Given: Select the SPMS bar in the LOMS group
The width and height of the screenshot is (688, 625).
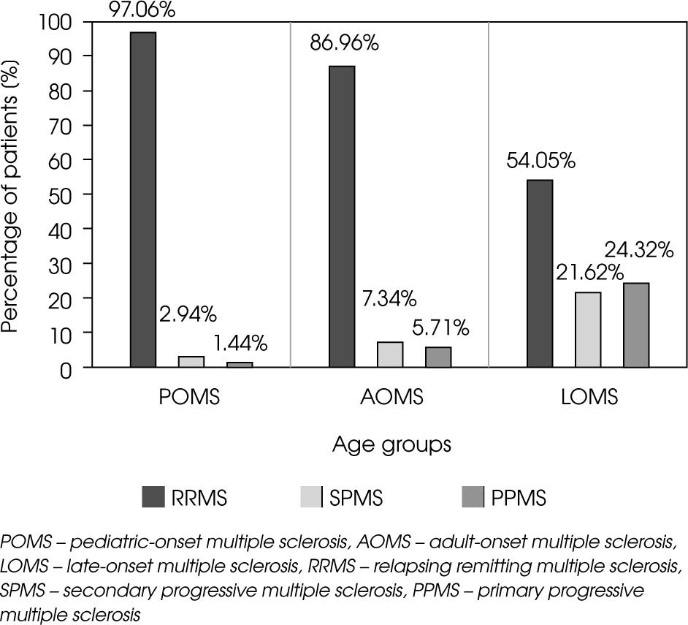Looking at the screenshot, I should [588, 329].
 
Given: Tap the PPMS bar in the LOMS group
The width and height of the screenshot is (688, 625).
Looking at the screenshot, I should [636, 325].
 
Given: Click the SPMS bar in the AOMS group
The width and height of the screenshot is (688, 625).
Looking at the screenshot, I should [390, 354].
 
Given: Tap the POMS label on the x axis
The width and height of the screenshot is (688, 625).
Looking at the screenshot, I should [190, 398].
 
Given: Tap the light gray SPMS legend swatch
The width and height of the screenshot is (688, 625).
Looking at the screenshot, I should [313, 498].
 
